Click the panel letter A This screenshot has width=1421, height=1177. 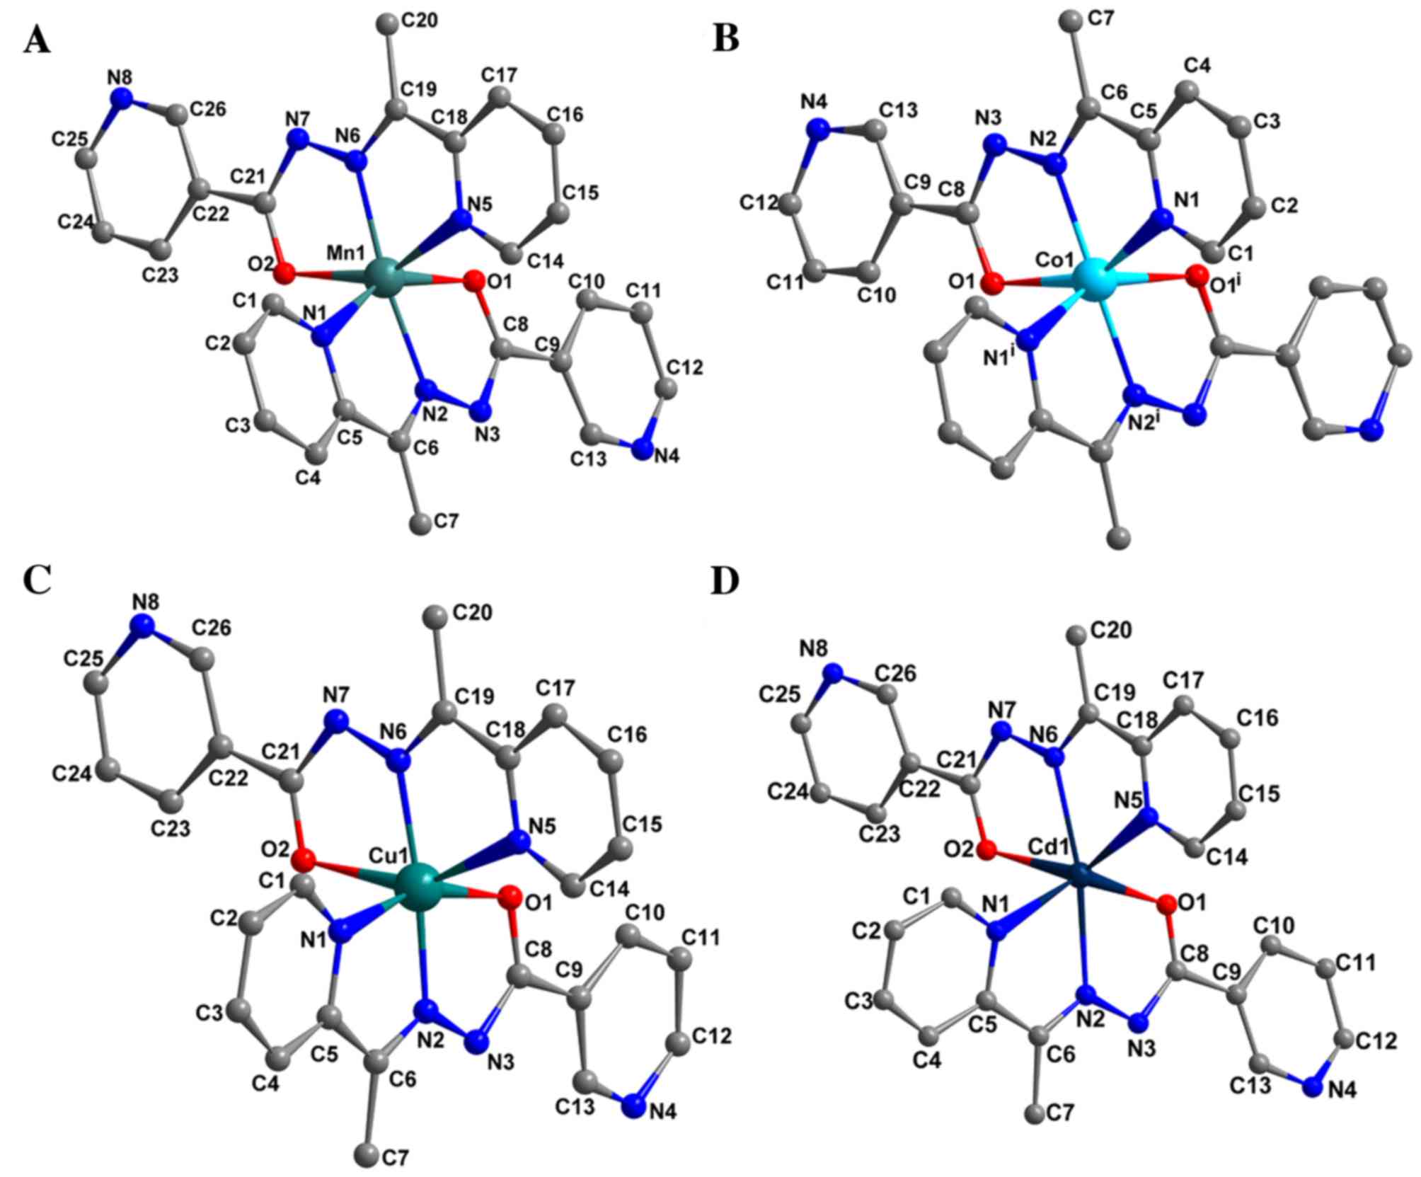tap(37, 40)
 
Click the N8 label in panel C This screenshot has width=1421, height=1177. tap(145, 602)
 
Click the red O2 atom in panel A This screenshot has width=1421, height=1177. tap(285, 272)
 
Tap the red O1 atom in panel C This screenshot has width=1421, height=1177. tap(508, 897)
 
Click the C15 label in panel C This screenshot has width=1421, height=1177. tap(642, 823)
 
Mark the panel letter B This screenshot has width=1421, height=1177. tap(726, 40)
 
